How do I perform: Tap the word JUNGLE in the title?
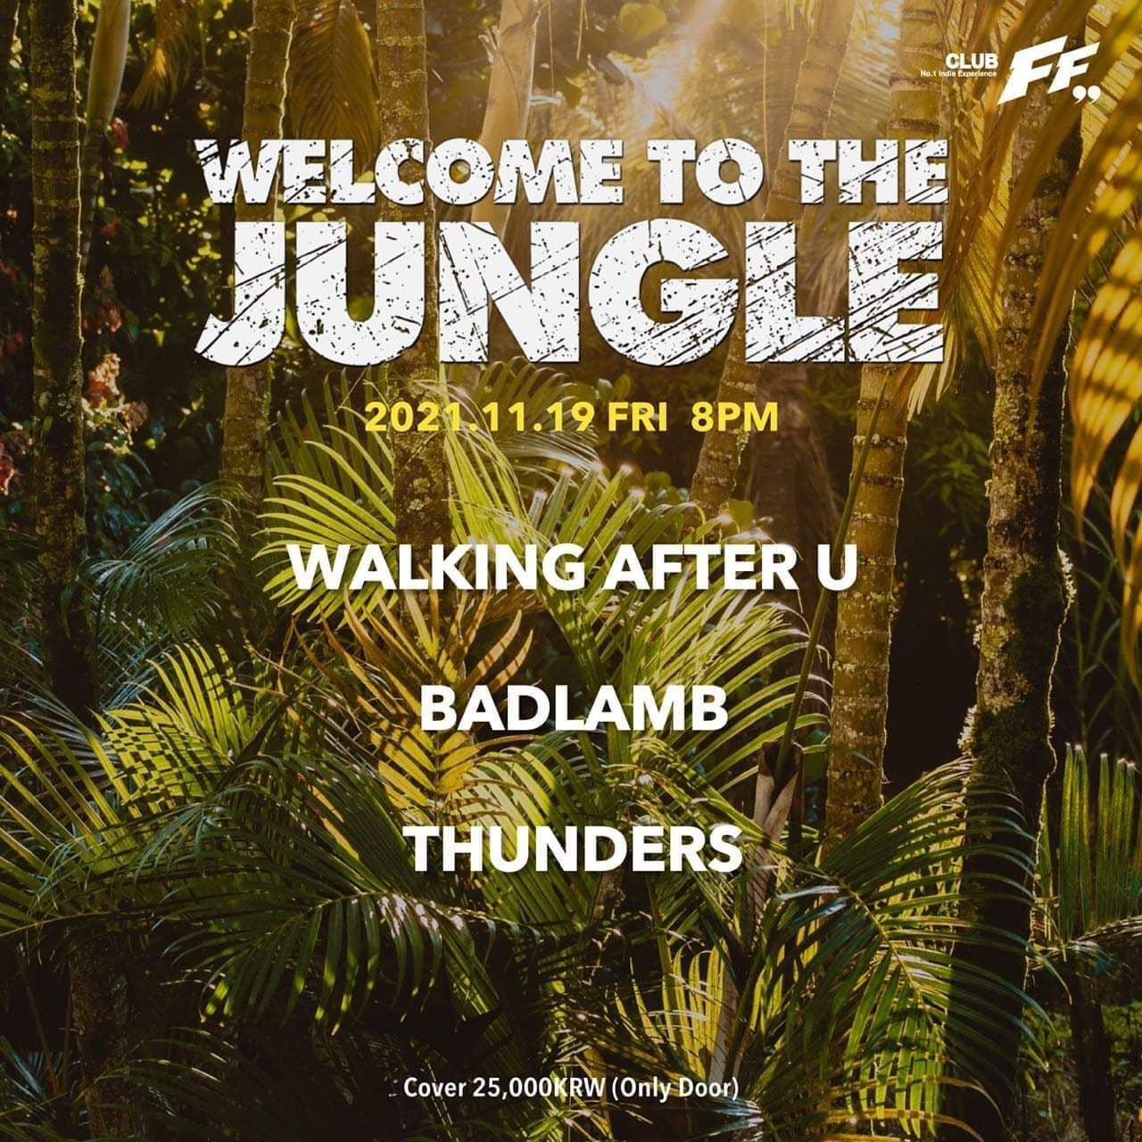(571, 289)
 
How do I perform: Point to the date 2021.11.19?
(478, 418)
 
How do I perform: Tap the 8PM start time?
(734, 418)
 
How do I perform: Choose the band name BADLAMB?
(572, 709)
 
